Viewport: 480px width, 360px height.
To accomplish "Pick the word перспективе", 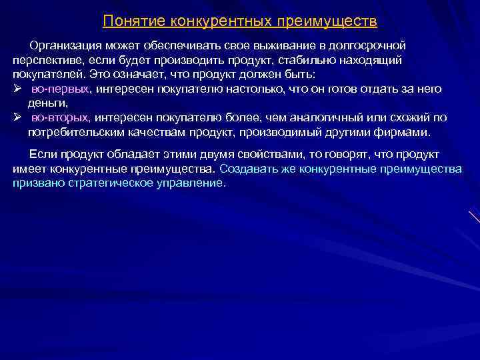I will pyautogui.click(x=44, y=59).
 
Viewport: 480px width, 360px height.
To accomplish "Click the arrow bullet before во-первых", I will pyautogui.click(x=17, y=88).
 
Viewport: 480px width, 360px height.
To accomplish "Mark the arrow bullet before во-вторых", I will pyautogui.click(x=17, y=117).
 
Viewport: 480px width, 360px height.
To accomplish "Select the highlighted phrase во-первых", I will pyautogui.click(x=60, y=89).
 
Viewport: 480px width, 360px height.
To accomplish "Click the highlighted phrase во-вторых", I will pyautogui.click(x=59, y=117).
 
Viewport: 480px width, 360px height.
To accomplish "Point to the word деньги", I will pyautogui.click(x=47, y=103).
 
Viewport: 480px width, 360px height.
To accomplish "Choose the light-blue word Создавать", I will pyautogui.click(x=249, y=168).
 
